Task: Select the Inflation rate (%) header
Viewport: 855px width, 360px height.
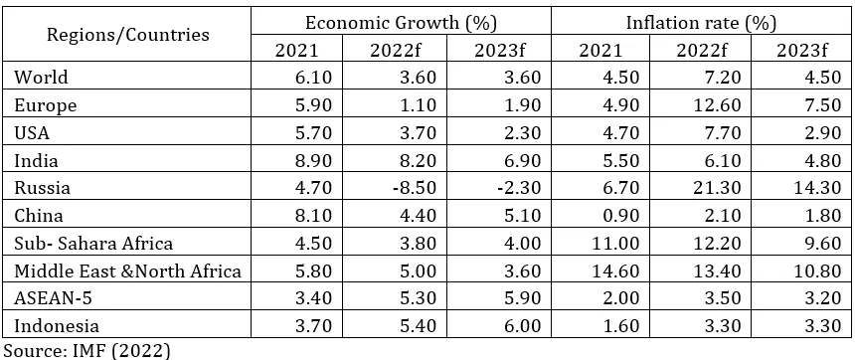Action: (x=700, y=21)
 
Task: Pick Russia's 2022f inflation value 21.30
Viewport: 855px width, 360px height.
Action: (x=700, y=186)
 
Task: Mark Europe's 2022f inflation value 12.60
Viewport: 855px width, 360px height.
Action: (x=700, y=103)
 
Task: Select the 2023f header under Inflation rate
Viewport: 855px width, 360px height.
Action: (x=800, y=48)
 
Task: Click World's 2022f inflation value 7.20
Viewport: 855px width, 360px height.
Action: (x=700, y=77)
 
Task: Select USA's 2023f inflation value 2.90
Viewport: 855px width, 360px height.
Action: (x=800, y=131)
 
